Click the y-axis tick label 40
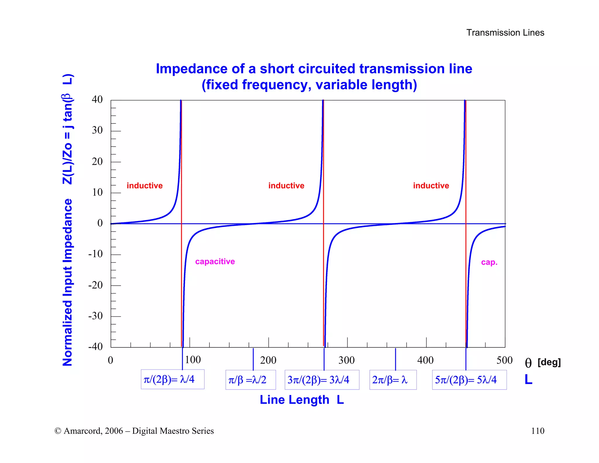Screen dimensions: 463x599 pyautogui.click(x=97, y=100)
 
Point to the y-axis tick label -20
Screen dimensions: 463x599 pyautogui.click(x=95, y=285)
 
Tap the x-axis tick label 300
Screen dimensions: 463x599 pyautogui.click(x=347, y=360)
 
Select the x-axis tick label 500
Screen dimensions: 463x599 pyautogui.click(x=504, y=360)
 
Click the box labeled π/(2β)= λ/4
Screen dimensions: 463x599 pyautogui.click(x=172, y=380)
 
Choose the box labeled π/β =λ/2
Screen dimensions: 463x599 pyautogui.click(x=250, y=380)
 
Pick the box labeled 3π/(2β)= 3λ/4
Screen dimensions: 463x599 pyautogui.click(x=322, y=380)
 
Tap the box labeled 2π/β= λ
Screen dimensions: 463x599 pyautogui.click(x=393, y=380)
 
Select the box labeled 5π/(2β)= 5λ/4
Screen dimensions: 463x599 pyautogui.click(x=469, y=380)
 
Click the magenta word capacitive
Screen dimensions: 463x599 pyautogui.click(x=215, y=261)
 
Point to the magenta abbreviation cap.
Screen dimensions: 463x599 pyautogui.click(x=489, y=262)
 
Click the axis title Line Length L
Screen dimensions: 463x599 pyautogui.click(x=302, y=400)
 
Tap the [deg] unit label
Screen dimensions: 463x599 pyautogui.click(x=549, y=362)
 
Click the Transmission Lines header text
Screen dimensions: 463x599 pyautogui.click(x=505, y=32)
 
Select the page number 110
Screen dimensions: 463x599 pyautogui.click(x=538, y=431)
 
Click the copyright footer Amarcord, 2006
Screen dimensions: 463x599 pyautogui.click(x=134, y=431)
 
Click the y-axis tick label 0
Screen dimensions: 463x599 pyautogui.click(x=100, y=223)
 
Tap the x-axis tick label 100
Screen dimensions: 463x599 pyautogui.click(x=193, y=360)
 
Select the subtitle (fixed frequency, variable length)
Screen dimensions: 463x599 pyautogui.click(x=309, y=85)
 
